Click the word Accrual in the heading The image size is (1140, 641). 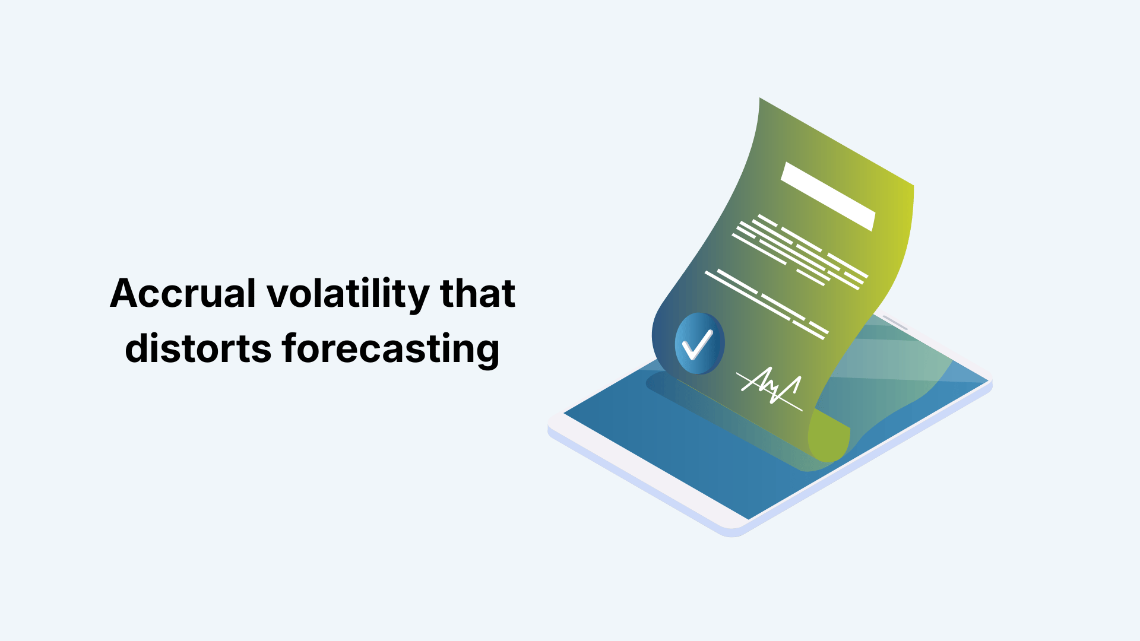(x=182, y=294)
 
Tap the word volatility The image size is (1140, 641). (x=347, y=294)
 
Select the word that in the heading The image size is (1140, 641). (x=477, y=294)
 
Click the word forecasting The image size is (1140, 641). (x=391, y=350)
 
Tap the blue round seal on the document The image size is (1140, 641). (x=699, y=344)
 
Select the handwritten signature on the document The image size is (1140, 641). (x=770, y=387)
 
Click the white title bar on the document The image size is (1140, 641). (x=828, y=196)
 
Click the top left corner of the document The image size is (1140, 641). (x=761, y=100)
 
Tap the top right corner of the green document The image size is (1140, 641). (x=912, y=186)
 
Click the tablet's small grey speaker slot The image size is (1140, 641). (x=895, y=323)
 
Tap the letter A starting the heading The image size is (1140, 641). (x=125, y=294)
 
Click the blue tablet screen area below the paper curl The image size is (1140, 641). (x=712, y=463)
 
